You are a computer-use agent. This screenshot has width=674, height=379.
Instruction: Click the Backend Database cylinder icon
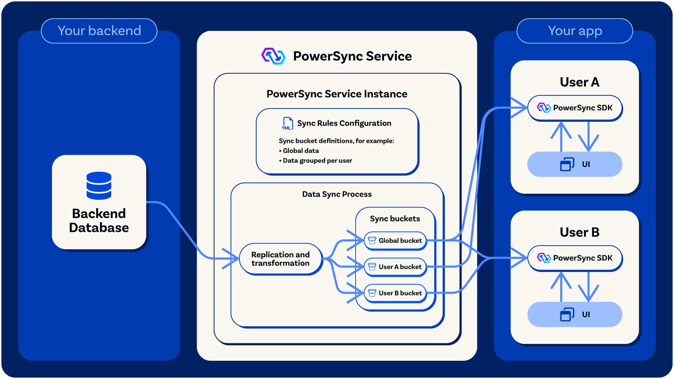coord(99,186)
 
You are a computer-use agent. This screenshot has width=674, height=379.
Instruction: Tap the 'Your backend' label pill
coord(99,31)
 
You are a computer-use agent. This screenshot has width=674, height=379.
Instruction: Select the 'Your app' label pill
coord(575,31)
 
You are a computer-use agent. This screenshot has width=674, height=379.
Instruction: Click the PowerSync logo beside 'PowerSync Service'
coord(273,56)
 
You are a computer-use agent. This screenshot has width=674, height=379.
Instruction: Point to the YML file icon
coord(288,124)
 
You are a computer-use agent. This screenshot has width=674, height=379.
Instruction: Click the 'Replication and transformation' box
coord(280,259)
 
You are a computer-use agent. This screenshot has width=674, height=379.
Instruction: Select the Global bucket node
coord(395,241)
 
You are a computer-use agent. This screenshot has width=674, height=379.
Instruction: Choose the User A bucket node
coord(395,267)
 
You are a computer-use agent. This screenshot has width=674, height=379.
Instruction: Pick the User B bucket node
coord(395,293)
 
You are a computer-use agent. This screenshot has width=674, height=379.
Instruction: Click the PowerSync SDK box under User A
coord(575,108)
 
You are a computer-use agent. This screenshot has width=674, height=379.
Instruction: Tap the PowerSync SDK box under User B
coord(575,258)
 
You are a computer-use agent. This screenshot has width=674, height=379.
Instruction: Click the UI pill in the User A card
coord(575,164)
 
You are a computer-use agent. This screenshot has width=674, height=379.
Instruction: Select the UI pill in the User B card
coord(575,314)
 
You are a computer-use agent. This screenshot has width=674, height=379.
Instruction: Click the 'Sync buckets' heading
coord(395,219)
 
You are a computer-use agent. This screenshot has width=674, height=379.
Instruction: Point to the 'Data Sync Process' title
coord(337,194)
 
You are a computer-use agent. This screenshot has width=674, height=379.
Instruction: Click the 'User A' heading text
coord(580,82)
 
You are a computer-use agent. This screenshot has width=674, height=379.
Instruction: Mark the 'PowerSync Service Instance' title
coord(337,94)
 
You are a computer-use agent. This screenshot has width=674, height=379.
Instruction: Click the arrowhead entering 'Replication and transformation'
coord(232,259)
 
